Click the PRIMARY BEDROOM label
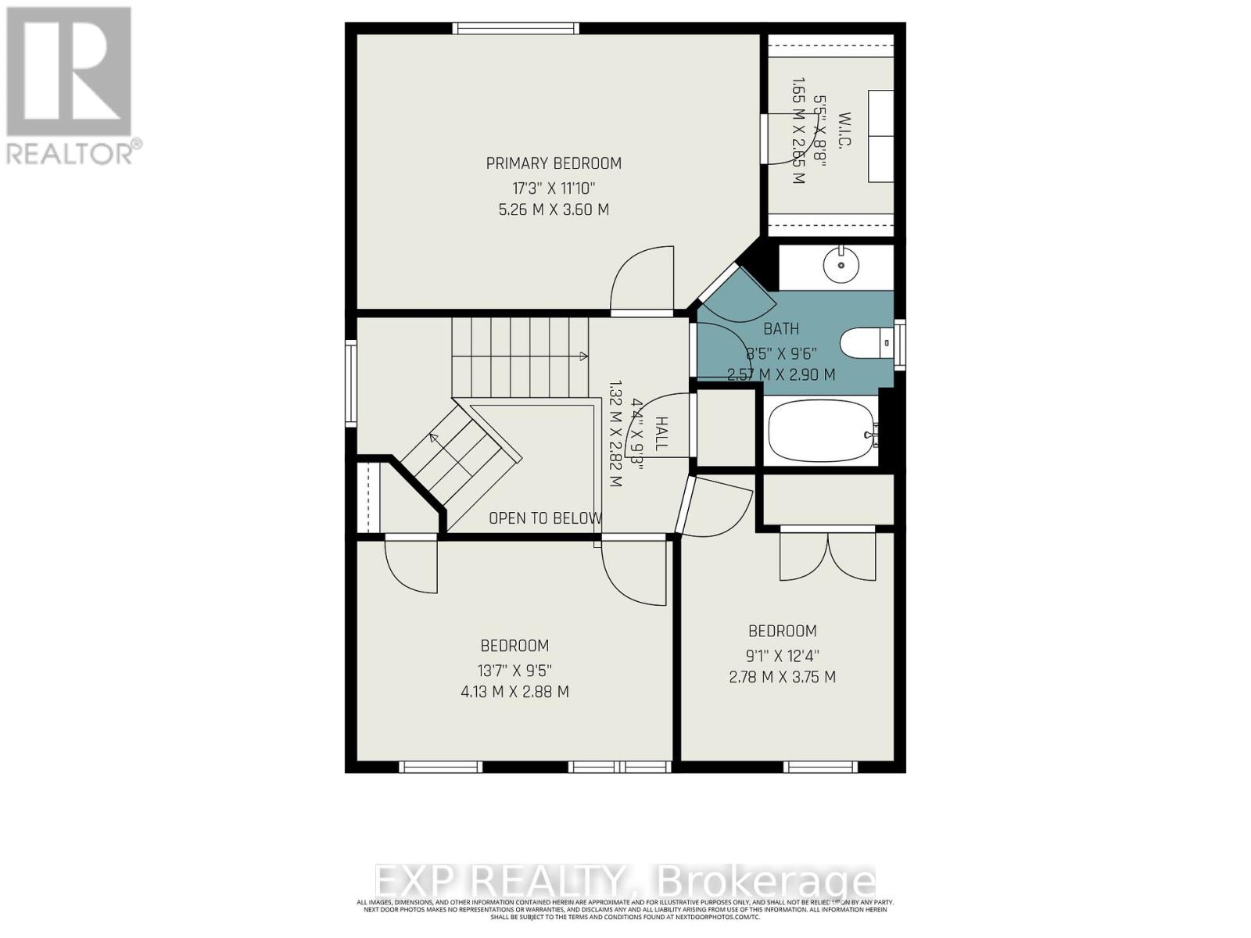pos(554,163)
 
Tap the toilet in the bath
pos(865,342)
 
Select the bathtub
pos(820,432)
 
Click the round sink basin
pos(841,264)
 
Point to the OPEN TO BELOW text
pos(545,518)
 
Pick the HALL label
pos(661,434)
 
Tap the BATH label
pos(781,329)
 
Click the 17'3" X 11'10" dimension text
pos(554,188)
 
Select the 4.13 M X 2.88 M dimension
pos(514,692)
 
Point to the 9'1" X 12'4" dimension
pos(783,656)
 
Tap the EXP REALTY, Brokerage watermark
pos(625,882)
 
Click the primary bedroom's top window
pos(516,29)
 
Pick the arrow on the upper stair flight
pos(582,356)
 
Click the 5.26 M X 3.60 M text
pos(554,209)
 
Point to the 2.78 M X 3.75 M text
pos(783,677)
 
